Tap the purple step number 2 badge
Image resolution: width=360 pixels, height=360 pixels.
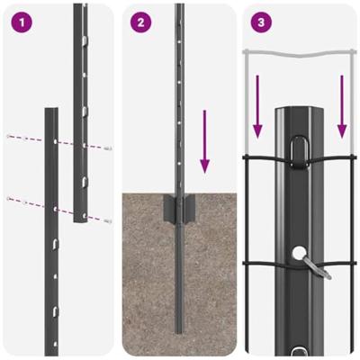[139, 22]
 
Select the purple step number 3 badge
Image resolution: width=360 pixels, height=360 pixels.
[261, 22]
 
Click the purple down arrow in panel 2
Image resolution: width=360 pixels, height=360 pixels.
[205, 141]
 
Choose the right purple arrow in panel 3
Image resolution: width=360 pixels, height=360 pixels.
[342, 106]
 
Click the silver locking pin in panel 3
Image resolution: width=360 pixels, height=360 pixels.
[314, 266]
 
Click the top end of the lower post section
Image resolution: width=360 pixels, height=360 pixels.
[51, 112]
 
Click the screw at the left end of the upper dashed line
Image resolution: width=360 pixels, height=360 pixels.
[8, 136]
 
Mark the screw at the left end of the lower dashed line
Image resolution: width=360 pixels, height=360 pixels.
[8, 198]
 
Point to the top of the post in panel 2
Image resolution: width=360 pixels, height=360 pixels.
[180, 7]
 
